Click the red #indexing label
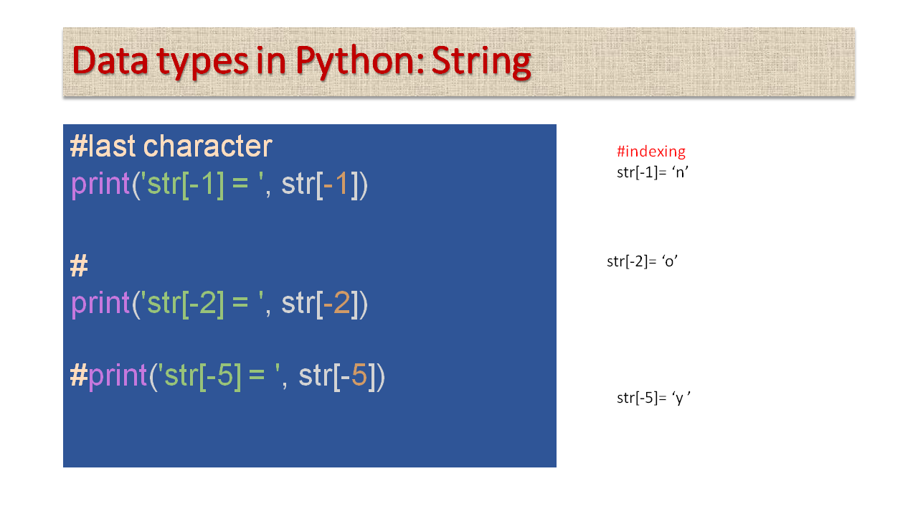[x=651, y=152]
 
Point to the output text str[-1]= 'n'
[x=653, y=172]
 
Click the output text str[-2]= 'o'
[x=643, y=261]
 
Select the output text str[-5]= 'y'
[x=653, y=398]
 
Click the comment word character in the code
[x=208, y=146]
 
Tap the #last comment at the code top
[x=104, y=146]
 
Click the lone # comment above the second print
[x=79, y=266]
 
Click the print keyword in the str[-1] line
[x=100, y=185]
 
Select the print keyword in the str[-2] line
[x=100, y=304]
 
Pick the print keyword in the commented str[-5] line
[x=118, y=376]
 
